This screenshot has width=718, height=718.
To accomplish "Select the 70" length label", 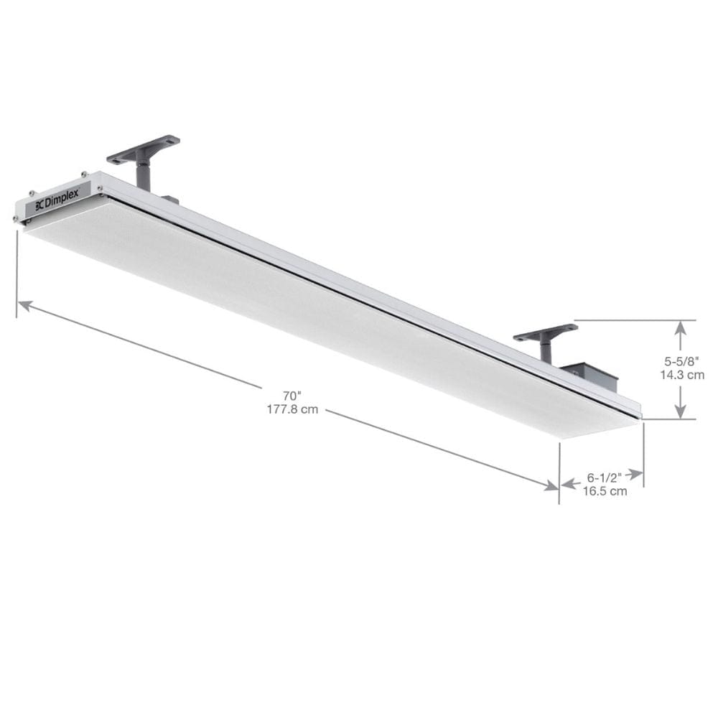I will [x=292, y=396].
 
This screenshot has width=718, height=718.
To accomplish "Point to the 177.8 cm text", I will [x=292, y=409].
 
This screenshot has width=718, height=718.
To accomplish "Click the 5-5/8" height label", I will [x=679, y=361].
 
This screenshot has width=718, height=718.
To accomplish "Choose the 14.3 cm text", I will [x=681, y=374].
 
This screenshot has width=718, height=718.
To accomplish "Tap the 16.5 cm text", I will [x=605, y=491].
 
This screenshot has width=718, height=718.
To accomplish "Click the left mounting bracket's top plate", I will [x=144, y=147].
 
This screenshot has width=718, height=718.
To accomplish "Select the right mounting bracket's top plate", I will [x=546, y=332].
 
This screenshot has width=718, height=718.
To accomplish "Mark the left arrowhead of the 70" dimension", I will [x=24, y=305].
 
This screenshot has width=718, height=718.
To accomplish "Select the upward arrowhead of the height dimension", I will [x=681, y=327].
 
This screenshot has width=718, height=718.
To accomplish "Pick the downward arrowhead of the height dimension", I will [x=681, y=411].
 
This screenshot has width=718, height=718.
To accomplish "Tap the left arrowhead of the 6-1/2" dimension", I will [x=567, y=485].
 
